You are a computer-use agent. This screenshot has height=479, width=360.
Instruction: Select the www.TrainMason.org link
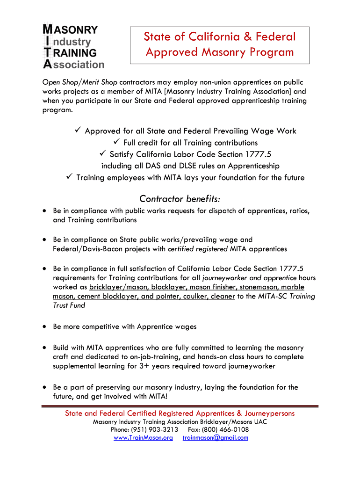(143, 438)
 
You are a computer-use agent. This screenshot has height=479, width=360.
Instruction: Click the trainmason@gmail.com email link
(215, 438)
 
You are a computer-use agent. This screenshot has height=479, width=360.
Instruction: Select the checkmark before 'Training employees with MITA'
(69, 177)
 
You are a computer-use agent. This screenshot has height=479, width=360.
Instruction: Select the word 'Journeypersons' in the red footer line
(269, 414)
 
